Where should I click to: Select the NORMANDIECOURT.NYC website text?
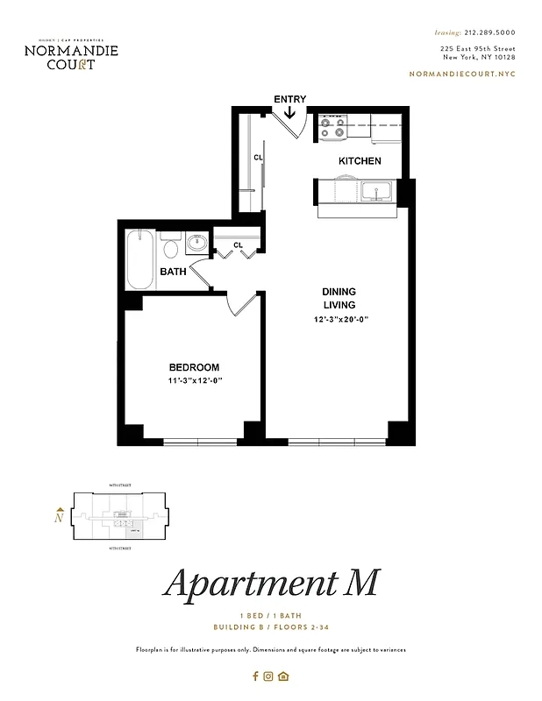[x=462, y=74]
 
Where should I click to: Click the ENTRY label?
[x=289, y=99]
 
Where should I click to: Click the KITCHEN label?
[x=360, y=161]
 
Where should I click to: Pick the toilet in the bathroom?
[x=172, y=246]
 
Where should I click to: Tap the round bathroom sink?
[x=197, y=243]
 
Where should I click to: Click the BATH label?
[x=173, y=272]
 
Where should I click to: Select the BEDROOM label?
[x=194, y=367]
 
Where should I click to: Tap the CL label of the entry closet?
[x=258, y=158]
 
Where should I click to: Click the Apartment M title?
[x=271, y=584]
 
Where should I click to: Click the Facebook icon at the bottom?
[x=255, y=676]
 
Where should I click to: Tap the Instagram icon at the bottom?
[x=269, y=676]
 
